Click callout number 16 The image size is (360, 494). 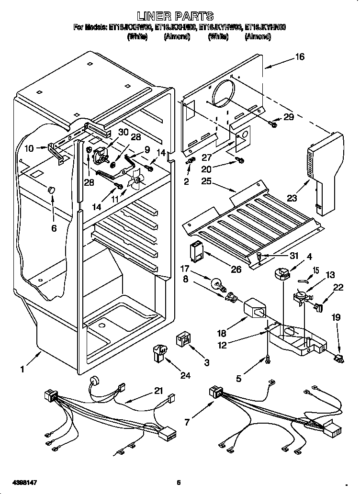299,57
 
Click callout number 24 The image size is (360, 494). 185,375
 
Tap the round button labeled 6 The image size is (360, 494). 51,191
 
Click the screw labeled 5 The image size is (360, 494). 267,358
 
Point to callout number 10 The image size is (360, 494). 29,149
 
